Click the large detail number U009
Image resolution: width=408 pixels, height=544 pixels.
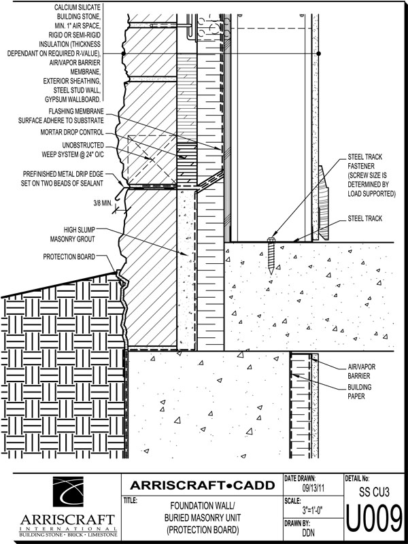[375, 520]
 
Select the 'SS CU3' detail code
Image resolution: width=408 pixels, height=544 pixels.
[375, 490]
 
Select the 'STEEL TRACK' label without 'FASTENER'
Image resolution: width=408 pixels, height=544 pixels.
[365, 218]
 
